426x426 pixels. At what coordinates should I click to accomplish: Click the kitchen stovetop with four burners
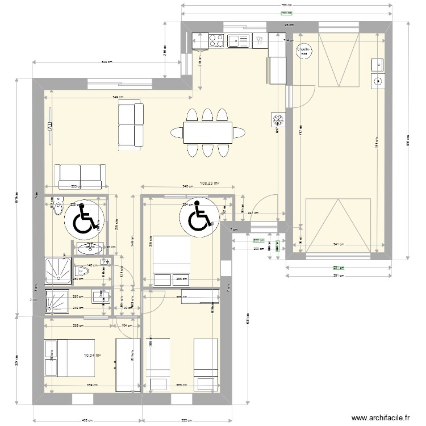click(216, 40)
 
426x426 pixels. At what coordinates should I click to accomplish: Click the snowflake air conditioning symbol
click(278, 120)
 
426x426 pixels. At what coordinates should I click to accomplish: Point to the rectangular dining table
click(207, 133)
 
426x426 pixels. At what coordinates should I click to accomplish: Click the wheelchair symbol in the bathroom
click(85, 219)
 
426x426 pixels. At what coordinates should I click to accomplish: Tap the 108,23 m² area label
click(210, 183)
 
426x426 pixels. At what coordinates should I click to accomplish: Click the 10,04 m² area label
click(92, 356)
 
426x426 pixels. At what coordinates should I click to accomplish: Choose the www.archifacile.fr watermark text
click(380, 418)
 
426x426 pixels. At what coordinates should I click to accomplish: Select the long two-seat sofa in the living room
click(80, 176)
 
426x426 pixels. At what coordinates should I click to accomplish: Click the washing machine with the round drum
click(378, 81)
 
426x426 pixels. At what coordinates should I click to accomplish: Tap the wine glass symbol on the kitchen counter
click(258, 40)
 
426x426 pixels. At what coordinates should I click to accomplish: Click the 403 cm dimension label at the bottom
click(87, 420)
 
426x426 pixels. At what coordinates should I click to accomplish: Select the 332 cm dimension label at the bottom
click(186, 420)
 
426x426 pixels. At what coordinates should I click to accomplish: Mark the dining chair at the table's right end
click(239, 133)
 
